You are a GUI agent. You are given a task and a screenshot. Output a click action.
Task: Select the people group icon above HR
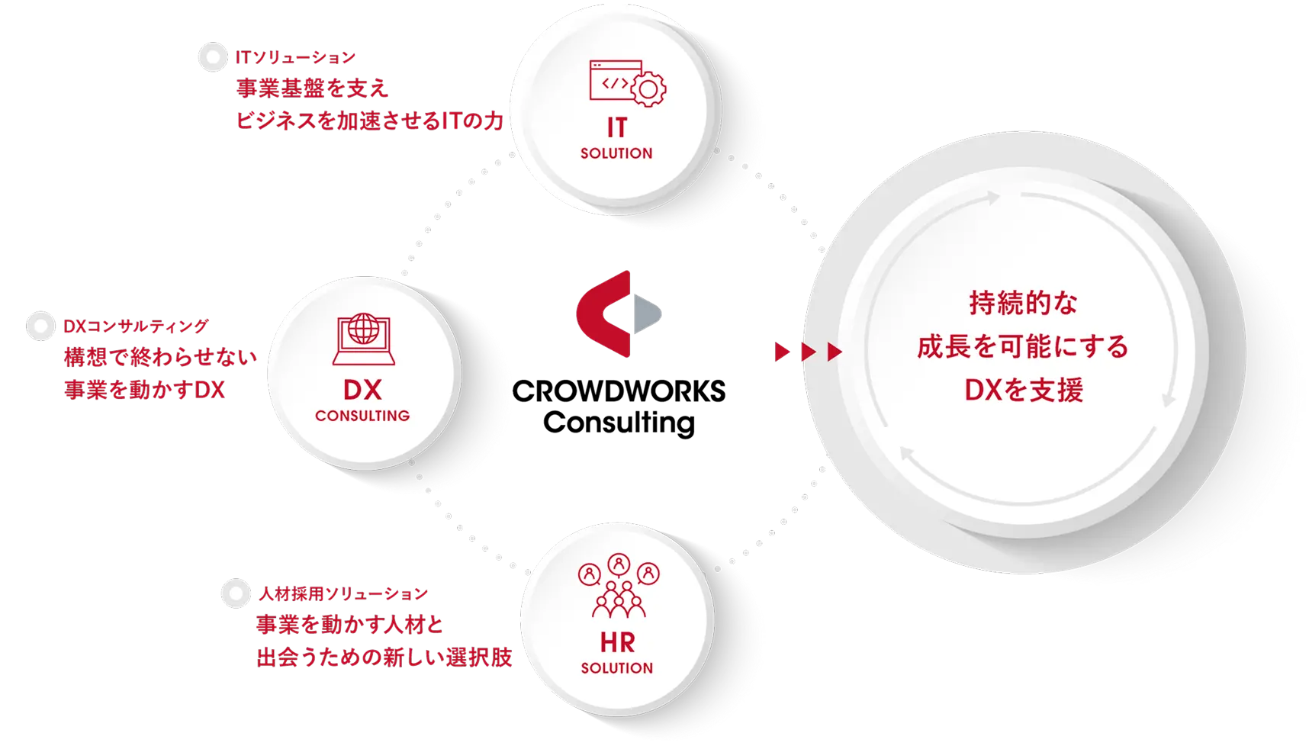(619, 586)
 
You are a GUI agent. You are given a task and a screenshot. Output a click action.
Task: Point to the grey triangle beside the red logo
(648, 314)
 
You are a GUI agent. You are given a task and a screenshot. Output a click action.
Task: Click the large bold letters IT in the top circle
(616, 127)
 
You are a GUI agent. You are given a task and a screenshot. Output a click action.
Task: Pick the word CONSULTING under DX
(362, 416)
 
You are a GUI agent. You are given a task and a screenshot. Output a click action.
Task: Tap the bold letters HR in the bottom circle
(617, 642)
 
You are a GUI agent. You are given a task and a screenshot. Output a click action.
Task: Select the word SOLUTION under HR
(617, 668)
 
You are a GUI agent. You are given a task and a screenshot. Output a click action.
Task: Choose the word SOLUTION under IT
(616, 153)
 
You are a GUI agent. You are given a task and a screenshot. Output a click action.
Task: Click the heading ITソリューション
(295, 57)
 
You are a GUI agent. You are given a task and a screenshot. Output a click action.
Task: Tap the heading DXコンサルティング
(136, 326)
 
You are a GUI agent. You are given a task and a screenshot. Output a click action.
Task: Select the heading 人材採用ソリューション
(343, 593)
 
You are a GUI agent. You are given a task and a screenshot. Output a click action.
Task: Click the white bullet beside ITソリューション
(212, 58)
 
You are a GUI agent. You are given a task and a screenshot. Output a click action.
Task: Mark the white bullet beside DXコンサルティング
(40, 326)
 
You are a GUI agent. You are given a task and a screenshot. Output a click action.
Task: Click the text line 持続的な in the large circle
(1023, 304)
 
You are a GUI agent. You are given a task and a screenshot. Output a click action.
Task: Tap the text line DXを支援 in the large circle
(1024, 391)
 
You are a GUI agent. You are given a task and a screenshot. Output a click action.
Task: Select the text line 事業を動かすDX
(144, 391)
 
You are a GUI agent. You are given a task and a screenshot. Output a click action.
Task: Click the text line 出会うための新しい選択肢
(384, 658)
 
